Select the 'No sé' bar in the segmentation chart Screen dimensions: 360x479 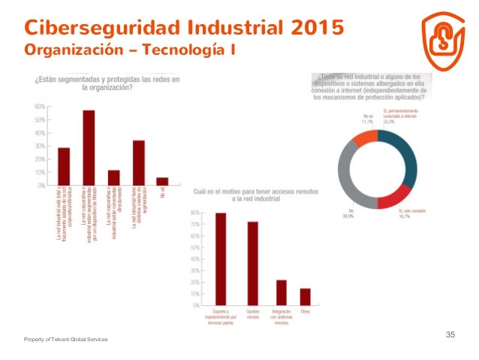(x=162, y=180)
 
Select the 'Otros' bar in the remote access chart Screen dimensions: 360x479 (x=306, y=297)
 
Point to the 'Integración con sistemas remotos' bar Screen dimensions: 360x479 (x=282, y=292)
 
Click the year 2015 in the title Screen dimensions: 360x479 (x=312, y=28)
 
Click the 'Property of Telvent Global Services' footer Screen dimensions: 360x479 (x=65, y=340)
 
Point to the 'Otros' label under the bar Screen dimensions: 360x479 (x=306, y=311)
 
